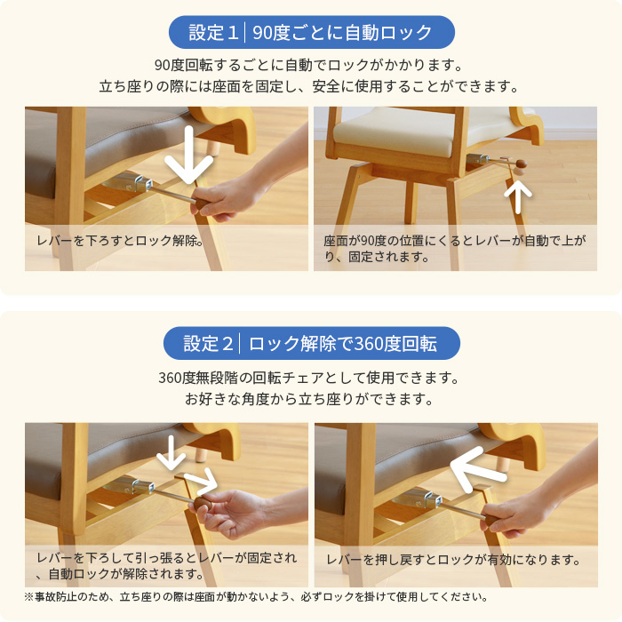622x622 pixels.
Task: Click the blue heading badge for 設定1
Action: point(311,33)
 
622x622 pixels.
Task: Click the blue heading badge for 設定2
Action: point(311,343)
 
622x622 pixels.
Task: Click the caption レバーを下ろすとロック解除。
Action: point(121,240)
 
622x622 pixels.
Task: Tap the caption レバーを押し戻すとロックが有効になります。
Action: point(453,560)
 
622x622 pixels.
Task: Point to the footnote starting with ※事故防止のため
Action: point(256,597)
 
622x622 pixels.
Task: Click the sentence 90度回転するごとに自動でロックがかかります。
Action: point(309,65)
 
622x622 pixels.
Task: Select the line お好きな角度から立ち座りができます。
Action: point(309,399)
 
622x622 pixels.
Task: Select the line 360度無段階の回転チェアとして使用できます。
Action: point(309,378)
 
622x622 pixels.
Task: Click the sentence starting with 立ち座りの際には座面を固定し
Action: point(309,87)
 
